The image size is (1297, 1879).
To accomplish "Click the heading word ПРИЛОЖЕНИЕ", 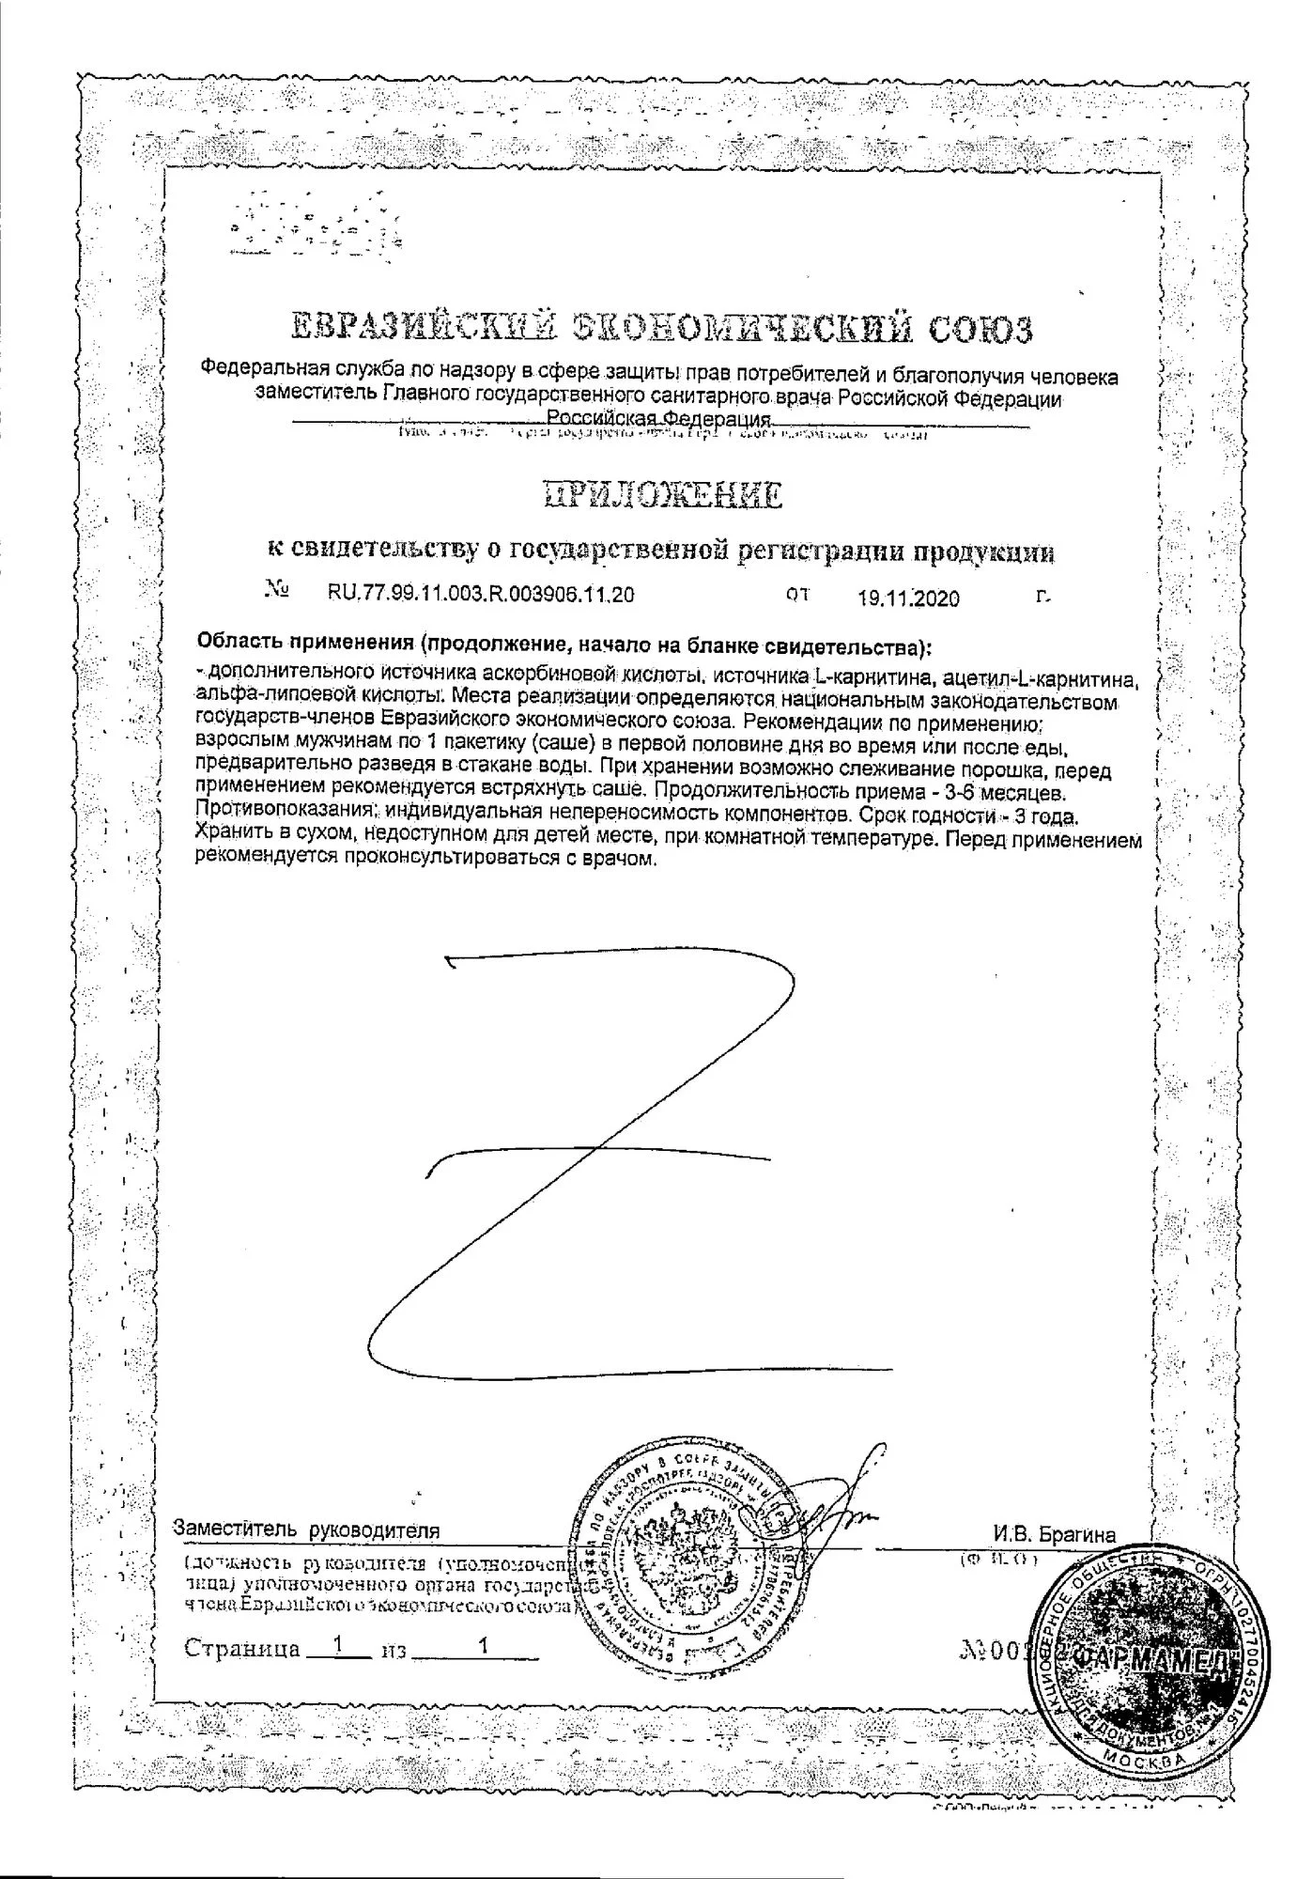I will [663, 494].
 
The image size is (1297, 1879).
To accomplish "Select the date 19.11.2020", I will [908, 598].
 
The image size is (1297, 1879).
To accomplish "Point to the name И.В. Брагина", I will [1055, 1535].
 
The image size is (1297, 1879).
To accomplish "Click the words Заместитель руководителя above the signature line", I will [306, 1530].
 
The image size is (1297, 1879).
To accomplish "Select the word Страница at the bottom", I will [242, 1649].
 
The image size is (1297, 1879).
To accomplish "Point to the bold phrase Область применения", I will [304, 644].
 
